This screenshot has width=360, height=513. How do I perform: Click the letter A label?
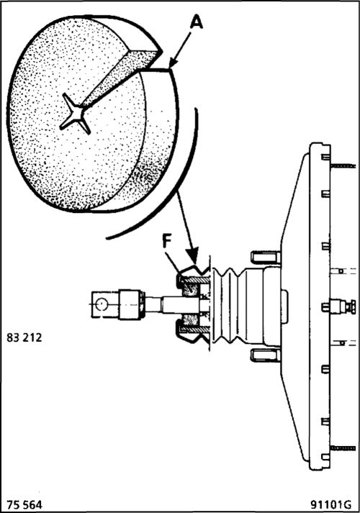tap(196, 24)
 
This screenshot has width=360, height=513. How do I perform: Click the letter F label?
tap(167, 242)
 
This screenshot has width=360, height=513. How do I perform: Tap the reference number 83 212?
tap(24, 337)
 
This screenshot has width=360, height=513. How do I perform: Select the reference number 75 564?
tap(24, 504)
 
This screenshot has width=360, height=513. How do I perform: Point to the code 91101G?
tap(331, 504)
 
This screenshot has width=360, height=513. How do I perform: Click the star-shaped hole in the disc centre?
tap(76, 114)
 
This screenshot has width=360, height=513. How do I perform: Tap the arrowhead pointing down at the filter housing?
tap(192, 256)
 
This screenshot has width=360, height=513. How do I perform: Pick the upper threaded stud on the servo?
tap(343, 166)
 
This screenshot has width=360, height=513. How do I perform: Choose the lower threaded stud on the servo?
tap(343, 448)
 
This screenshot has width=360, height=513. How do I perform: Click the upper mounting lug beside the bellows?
tap(266, 257)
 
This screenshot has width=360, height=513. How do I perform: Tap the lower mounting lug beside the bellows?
tap(266, 355)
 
